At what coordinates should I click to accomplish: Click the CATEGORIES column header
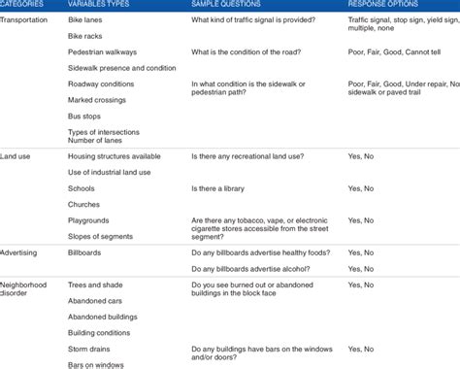[x=23, y=4]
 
